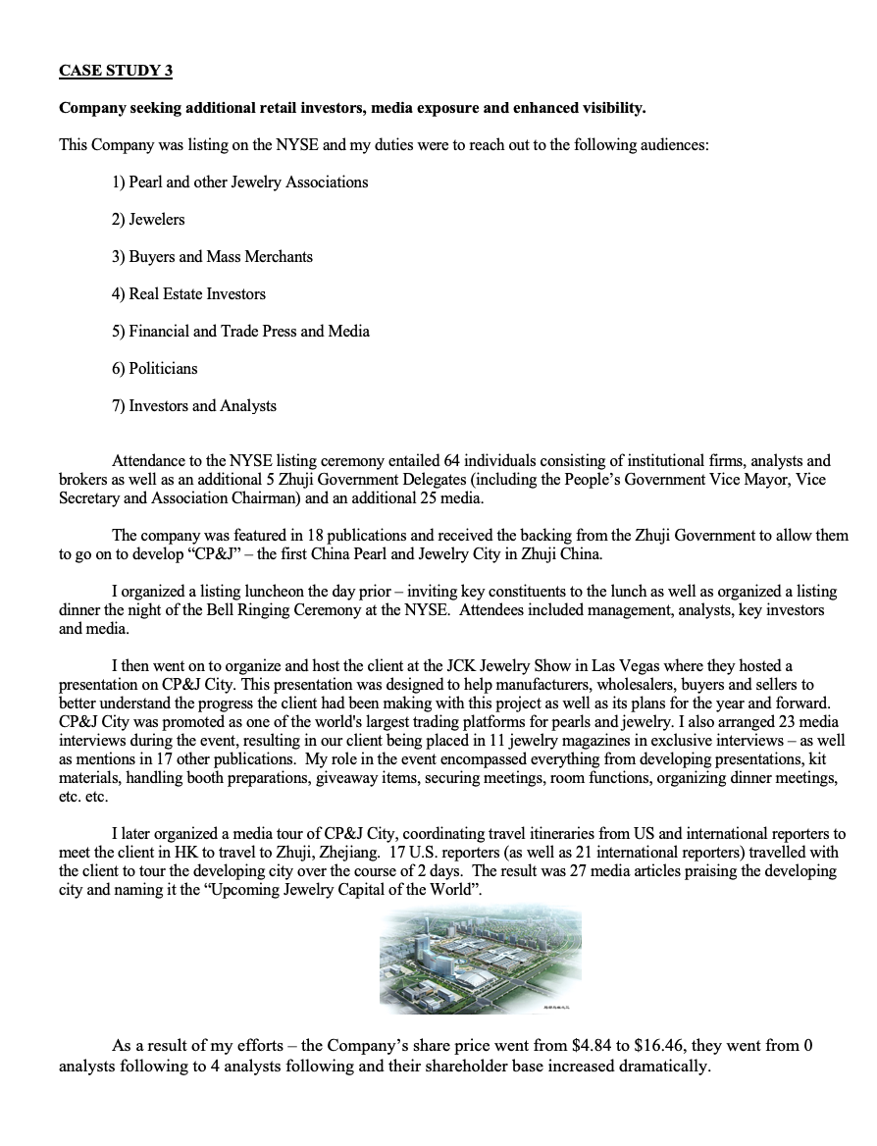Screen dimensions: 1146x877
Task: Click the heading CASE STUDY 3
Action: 116,71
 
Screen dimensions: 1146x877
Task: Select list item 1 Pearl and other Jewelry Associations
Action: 239,182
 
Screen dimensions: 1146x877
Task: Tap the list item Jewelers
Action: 148,220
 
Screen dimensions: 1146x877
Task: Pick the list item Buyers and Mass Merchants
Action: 212,257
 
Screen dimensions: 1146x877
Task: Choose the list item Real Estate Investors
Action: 188,294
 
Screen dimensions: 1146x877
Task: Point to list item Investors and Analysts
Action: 194,406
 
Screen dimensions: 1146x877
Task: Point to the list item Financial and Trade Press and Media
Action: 240,332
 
